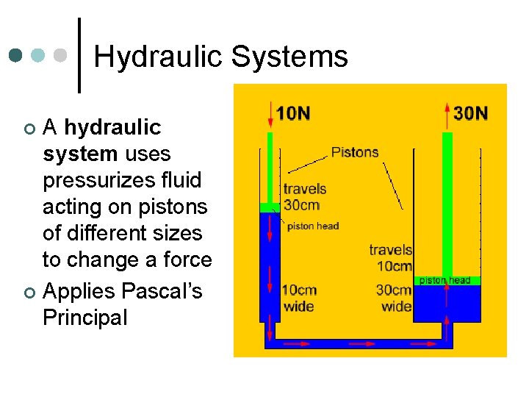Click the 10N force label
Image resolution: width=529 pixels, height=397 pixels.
click(293, 112)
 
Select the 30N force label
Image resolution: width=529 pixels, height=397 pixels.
click(471, 112)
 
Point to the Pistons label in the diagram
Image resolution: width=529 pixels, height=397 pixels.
click(355, 152)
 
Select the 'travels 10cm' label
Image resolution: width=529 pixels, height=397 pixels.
click(390, 257)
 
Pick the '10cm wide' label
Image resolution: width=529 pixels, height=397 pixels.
click(298, 297)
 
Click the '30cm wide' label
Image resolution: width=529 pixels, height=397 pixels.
click(395, 297)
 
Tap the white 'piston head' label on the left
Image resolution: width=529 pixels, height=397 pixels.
click(312, 226)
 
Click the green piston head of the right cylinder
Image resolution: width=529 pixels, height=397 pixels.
click(447, 281)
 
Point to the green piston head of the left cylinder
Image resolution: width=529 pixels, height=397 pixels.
click(269, 207)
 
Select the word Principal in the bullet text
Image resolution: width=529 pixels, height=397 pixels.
click(84, 318)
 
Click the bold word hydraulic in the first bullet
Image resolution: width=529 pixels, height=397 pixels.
click(112, 127)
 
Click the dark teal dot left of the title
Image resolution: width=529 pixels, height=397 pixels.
click(16, 55)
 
